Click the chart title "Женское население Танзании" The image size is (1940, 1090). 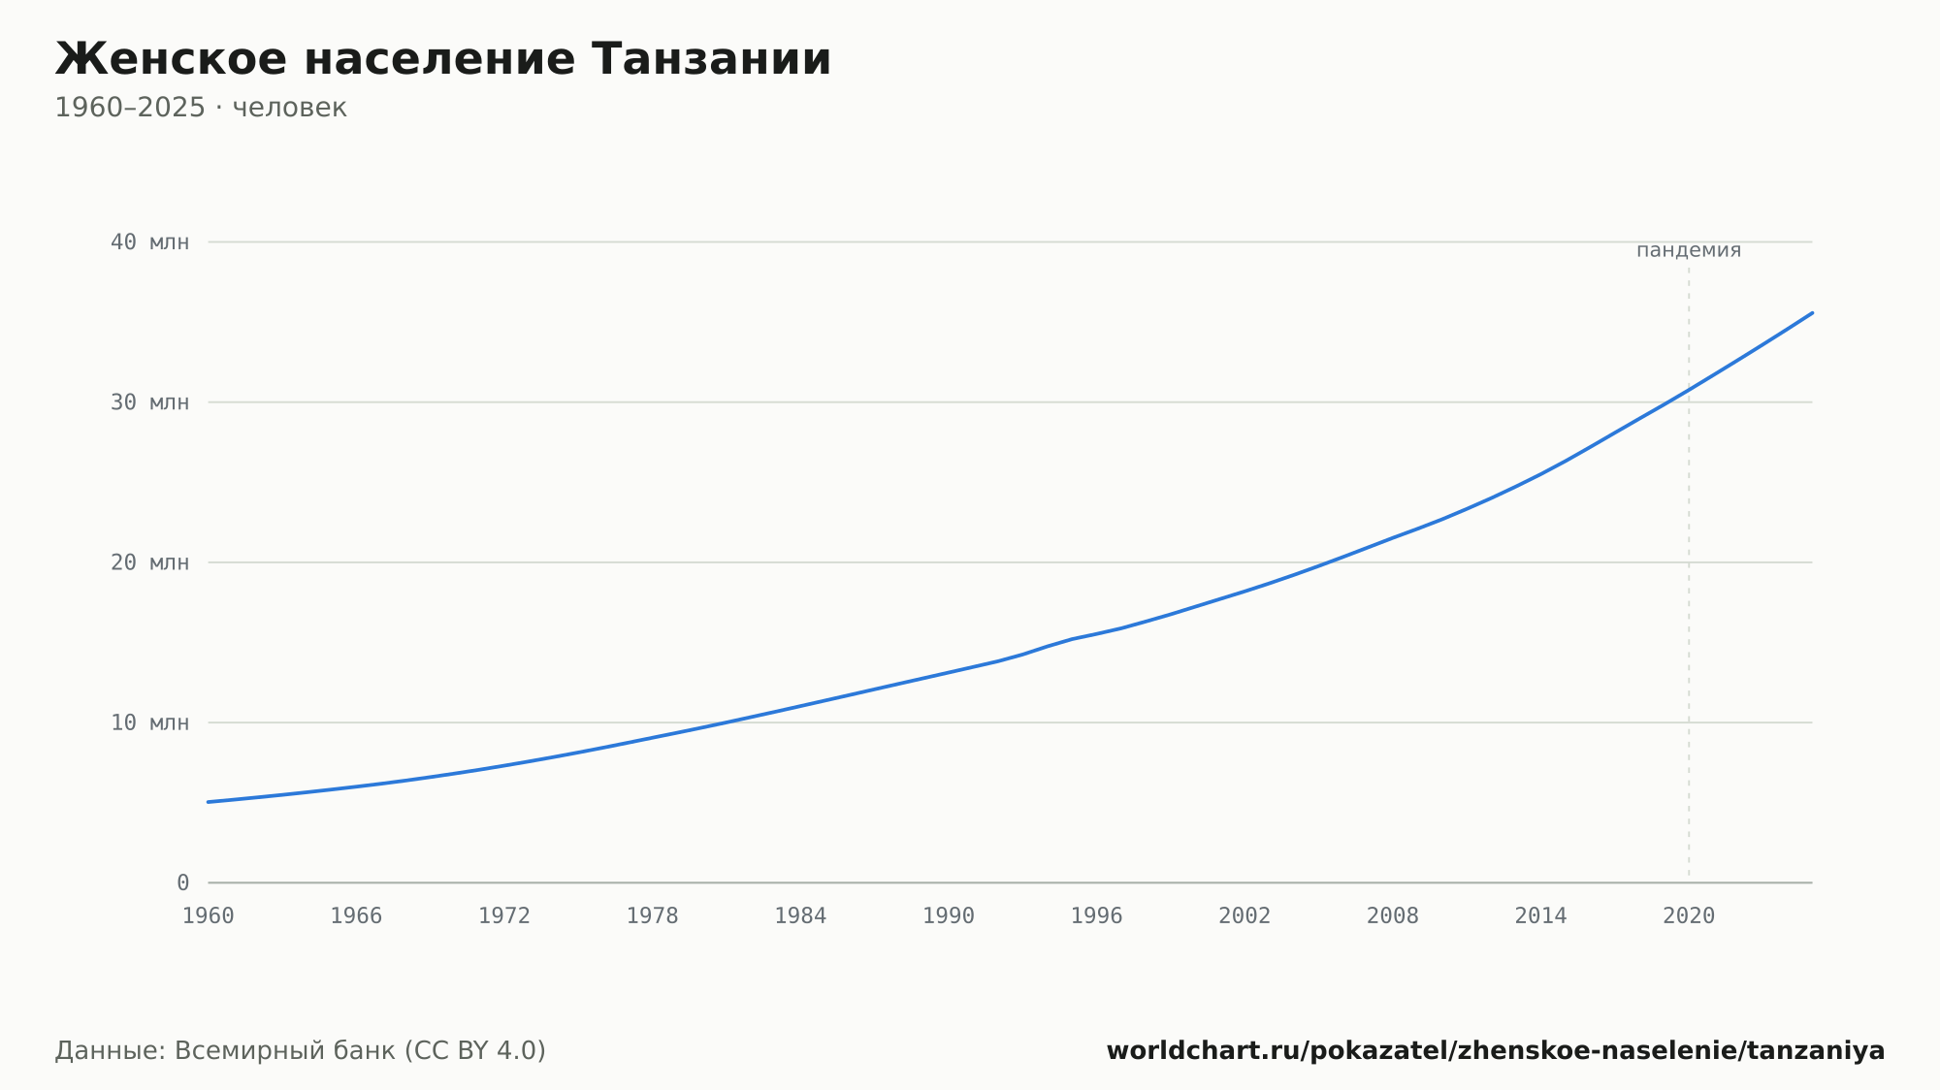pos(443,59)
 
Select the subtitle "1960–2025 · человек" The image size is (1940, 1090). pos(201,108)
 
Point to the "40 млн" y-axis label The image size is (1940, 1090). pos(149,242)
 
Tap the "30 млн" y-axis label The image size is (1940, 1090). pos(149,402)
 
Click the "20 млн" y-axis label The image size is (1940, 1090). pos(149,562)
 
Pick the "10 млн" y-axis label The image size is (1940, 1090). pos(149,722)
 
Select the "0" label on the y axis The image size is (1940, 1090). pos(182,883)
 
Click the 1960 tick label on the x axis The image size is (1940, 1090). pos(209,916)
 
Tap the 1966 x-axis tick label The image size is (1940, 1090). pos(356,916)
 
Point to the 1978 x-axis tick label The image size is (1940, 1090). pos(652,916)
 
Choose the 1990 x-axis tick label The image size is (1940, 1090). pos(949,916)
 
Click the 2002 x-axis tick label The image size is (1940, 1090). pos(1245,916)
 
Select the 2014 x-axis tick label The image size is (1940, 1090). pos(1540,916)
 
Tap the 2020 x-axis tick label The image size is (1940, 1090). pos(1689,916)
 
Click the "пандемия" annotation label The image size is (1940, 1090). pos(1689,250)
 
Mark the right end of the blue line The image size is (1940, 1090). pos(1812,312)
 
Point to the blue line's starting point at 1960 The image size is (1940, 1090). pos(209,802)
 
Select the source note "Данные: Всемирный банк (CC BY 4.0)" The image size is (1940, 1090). pos(301,1051)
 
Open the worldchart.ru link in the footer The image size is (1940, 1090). pos(1496,1051)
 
